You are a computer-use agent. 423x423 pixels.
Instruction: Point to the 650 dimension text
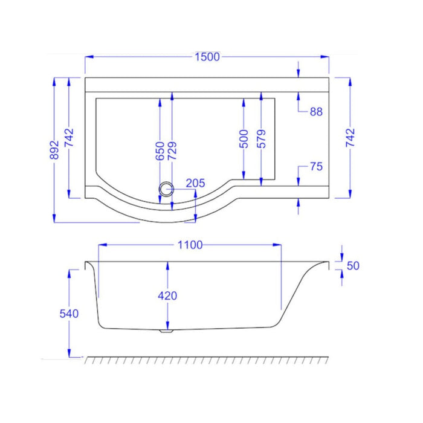(x=160, y=150)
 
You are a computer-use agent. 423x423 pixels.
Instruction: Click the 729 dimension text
(x=172, y=150)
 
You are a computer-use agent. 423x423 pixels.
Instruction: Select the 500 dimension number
(x=244, y=139)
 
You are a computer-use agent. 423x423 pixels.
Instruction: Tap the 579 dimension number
(x=260, y=139)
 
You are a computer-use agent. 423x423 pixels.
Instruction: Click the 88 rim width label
(x=315, y=111)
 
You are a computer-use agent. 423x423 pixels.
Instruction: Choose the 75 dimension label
(x=315, y=167)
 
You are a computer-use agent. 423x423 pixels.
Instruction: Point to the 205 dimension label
(x=195, y=183)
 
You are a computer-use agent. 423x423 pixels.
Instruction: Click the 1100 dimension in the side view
(x=190, y=245)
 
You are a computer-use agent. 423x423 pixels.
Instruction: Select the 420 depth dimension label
(x=167, y=295)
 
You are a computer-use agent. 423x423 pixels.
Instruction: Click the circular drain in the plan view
(x=166, y=189)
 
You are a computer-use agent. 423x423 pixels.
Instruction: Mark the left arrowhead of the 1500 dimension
(x=88, y=57)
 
